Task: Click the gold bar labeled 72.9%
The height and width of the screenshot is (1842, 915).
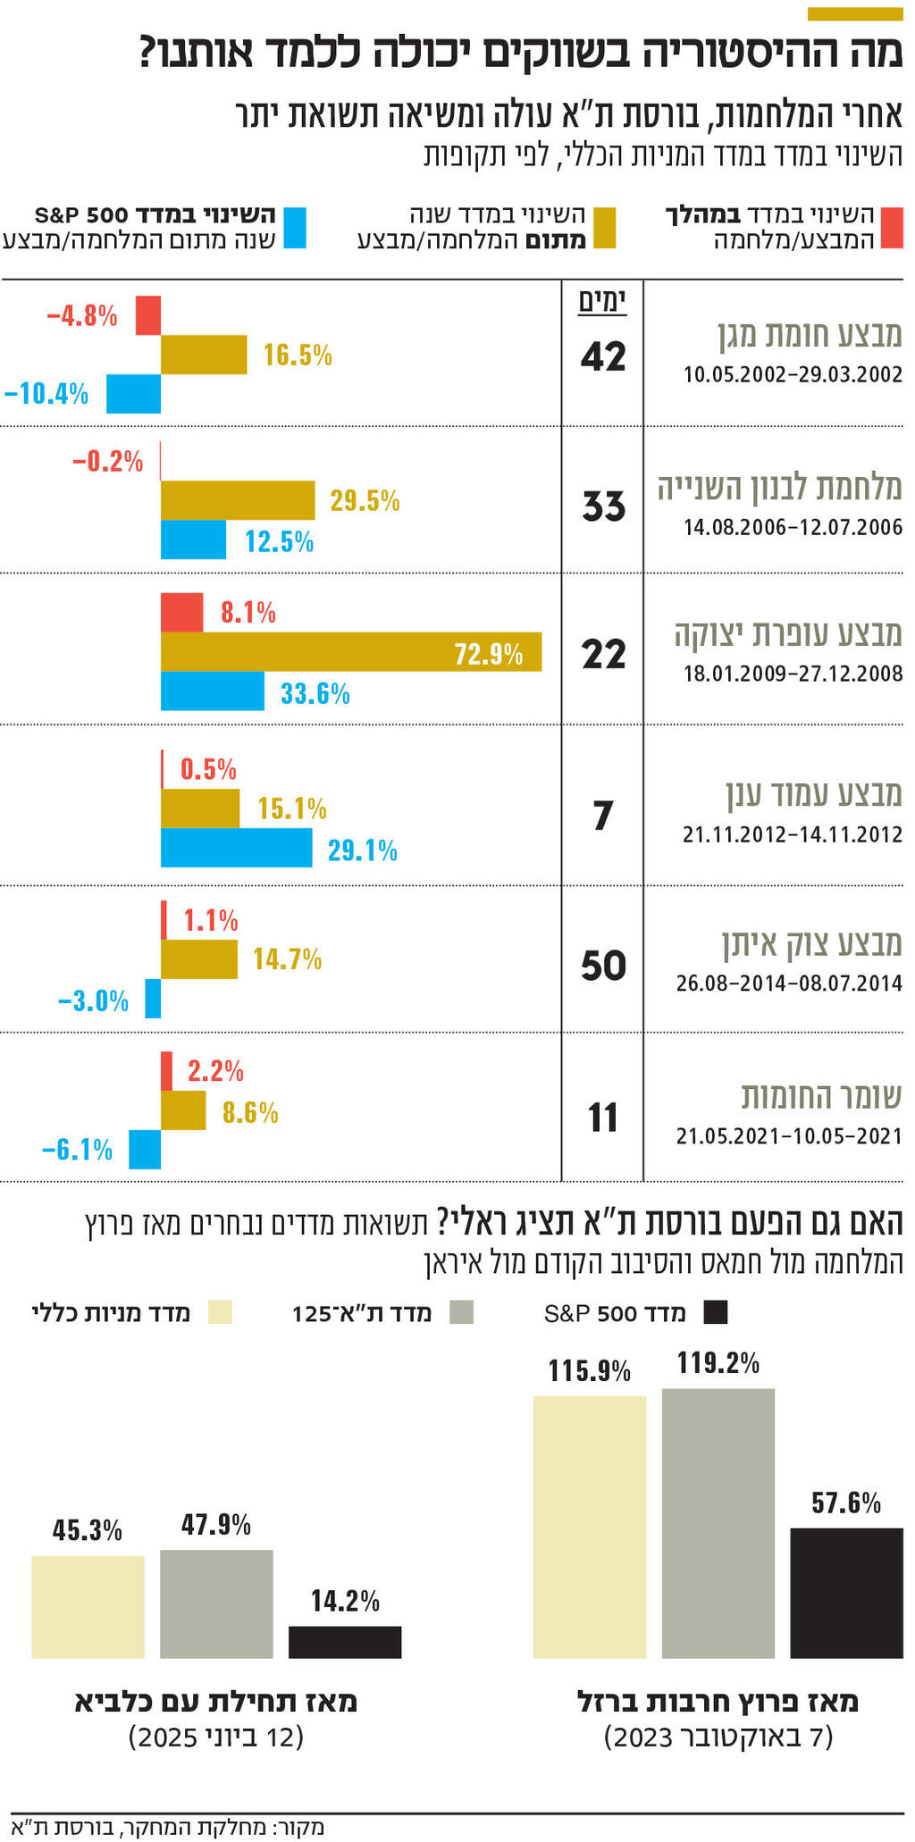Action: [350, 652]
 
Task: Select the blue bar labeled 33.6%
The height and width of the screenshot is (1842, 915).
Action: [212, 691]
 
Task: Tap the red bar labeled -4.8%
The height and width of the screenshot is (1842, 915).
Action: [148, 315]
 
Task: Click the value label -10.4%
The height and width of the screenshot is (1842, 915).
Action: [46, 393]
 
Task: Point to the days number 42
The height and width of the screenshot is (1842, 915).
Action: [603, 356]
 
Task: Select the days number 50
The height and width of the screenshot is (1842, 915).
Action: [603, 966]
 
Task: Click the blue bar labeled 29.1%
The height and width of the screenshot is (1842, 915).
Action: [236, 848]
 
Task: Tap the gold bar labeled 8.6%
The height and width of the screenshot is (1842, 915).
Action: [183, 1110]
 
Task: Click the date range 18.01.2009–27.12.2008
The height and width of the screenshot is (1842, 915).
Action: [793, 674]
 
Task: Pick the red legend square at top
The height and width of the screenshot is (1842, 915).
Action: [892, 227]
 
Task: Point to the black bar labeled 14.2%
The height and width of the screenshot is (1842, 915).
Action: [344, 1642]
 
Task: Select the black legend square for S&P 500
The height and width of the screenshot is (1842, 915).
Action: [716, 1313]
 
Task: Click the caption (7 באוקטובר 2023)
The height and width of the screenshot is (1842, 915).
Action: [718, 1737]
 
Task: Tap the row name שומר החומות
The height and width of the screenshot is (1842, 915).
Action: [820, 1095]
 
